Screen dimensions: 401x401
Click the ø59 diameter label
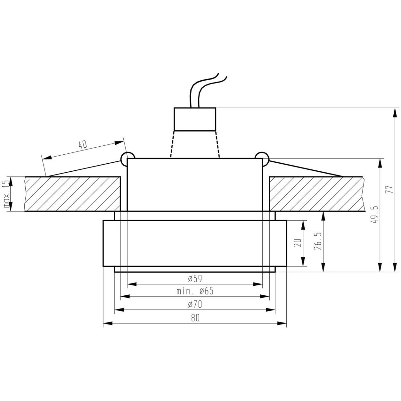(195, 278)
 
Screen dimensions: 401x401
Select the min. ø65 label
(195, 291)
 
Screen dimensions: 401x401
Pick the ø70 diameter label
(195, 304)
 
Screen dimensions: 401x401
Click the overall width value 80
(195, 318)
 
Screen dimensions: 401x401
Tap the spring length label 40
(83, 144)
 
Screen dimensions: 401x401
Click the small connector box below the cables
(195, 119)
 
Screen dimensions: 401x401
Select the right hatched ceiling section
(316, 194)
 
